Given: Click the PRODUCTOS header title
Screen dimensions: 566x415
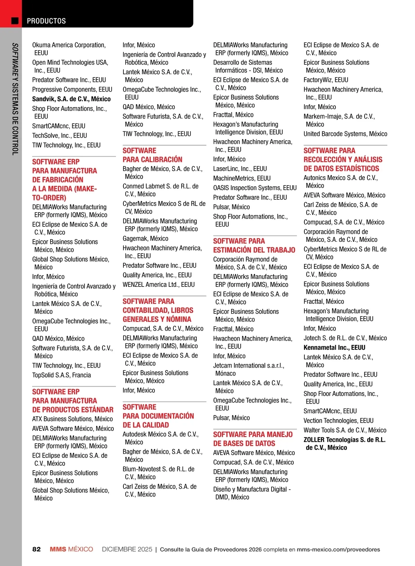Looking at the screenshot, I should [x=46, y=21].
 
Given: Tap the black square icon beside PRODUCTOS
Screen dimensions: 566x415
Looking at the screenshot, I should [x=15, y=21].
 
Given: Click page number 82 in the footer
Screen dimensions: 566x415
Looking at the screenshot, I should [x=36, y=549].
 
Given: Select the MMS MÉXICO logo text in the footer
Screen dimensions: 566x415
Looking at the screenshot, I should [x=71, y=549].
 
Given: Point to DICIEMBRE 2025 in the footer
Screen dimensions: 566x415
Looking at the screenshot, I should [x=127, y=549].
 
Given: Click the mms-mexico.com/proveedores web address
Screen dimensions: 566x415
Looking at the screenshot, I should [x=338, y=549].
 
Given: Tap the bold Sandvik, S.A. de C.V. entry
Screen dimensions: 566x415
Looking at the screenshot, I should [x=71, y=99].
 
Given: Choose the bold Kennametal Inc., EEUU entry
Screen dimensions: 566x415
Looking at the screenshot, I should [x=334, y=348].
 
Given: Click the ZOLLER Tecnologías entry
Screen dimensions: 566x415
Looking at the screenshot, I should [x=344, y=444].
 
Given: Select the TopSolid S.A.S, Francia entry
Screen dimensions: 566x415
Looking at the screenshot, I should [x=62, y=375].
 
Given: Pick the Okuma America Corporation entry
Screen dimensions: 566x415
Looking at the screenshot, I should [x=69, y=49].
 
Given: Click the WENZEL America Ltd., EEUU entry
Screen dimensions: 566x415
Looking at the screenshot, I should [x=158, y=285].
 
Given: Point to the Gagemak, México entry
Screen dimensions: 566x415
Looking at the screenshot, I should [x=145, y=239].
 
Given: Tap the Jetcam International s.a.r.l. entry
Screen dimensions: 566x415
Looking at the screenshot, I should [x=248, y=369].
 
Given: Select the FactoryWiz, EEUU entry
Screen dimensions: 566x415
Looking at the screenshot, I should [x=326, y=80].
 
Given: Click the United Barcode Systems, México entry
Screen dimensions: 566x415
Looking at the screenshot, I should [x=345, y=134].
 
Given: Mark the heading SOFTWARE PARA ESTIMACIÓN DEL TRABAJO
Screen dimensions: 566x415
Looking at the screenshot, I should [x=254, y=246].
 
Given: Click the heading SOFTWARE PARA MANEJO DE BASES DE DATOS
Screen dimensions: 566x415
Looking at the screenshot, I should [x=252, y=439].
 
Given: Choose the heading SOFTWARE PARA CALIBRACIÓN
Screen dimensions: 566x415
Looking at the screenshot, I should [x=152, y=155].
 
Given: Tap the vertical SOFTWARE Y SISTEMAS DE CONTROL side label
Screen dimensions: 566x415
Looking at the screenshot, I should [x=15, y=99].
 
